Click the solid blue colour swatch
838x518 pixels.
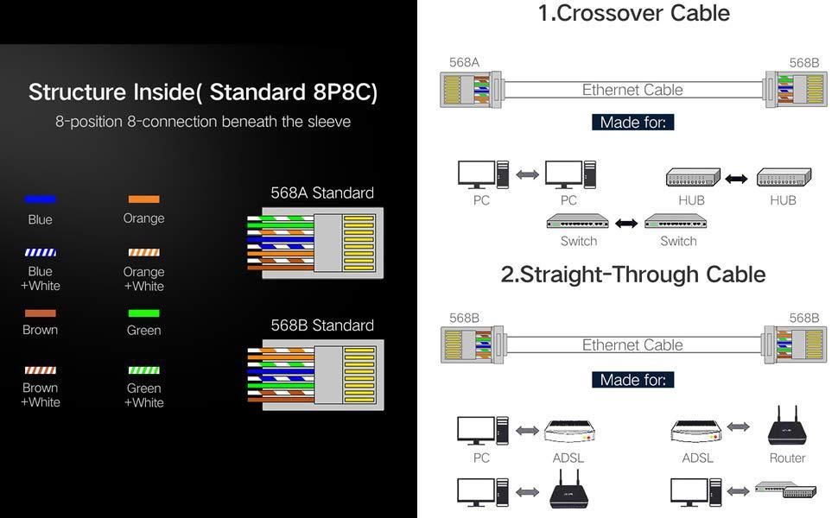pyautogui.click(x=41, y=199)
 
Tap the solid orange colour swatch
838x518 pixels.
pyautogui.click(x=143, y=199)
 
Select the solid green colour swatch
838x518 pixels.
pyautogui.click(x=143, y=313)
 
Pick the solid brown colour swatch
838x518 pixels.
pyautogui.click(x=41, y=313)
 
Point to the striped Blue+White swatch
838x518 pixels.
pyautogui.click(x=41, y=253)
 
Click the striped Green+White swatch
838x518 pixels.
pyautogui.click(x=143, y=370)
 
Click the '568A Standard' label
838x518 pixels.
pyautogui.click(x=322, y=193)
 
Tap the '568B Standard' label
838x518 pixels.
pyautogui.click(x=322, y=325)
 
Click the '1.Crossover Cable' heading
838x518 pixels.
pyautogui.click(x=633, y=14)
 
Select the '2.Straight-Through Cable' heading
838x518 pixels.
pyautogui.click(x=633, y=275)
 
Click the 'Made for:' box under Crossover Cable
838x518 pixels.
pyautogui.click(x=632, y=123)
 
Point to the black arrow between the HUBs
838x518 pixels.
pyautogui.click(x=736, y=179)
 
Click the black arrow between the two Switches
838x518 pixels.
pyautogui.click(x=626, y=224)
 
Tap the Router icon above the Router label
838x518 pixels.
pyautogui.click(x=786, y=426)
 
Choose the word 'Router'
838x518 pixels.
pyautogui.click(x=787, y=458)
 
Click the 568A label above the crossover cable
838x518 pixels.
pyautogui.click(x=464, y=63)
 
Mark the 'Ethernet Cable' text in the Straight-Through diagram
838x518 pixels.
pyautogui.click(x=632, y=345)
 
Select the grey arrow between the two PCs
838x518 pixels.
pyautogui.click(x=527, y=175)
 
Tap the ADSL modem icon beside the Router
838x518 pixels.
pyautogui.click(x=697, y=430)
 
